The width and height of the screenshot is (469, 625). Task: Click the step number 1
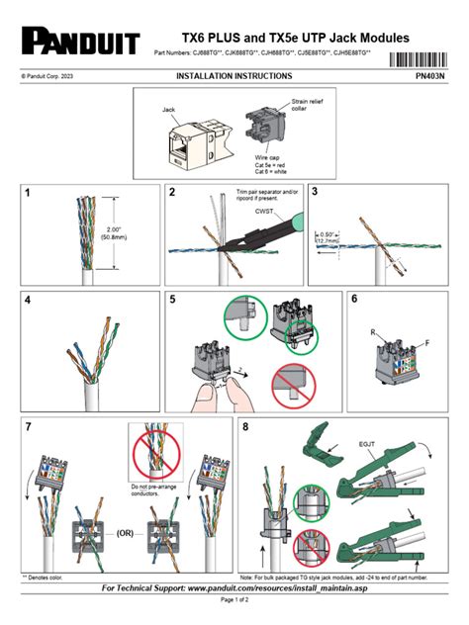[28, 195]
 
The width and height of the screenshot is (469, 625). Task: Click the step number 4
[28, 302]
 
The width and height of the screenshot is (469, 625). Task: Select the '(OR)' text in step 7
[124, 531]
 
